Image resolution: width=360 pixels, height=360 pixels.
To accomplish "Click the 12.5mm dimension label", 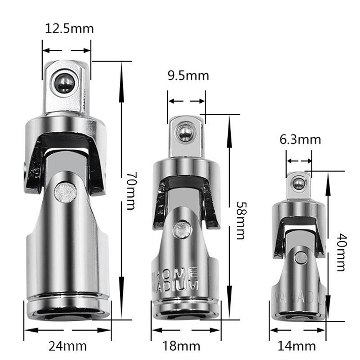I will pyautogui.click(x=69, y=29).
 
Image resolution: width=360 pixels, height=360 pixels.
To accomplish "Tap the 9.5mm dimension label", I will pyautogui.click(x=188, y=76).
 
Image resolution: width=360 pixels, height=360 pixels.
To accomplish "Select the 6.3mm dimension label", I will pyautogui.click(x=300, y=139).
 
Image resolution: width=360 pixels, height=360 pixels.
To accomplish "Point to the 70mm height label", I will pyautogui.click(x=130, y=192).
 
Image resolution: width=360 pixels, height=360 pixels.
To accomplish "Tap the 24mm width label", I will pyautogui.click(x=68, y=346).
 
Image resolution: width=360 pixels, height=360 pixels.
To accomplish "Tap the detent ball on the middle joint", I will pyautogui.click(x=184, y=132).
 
